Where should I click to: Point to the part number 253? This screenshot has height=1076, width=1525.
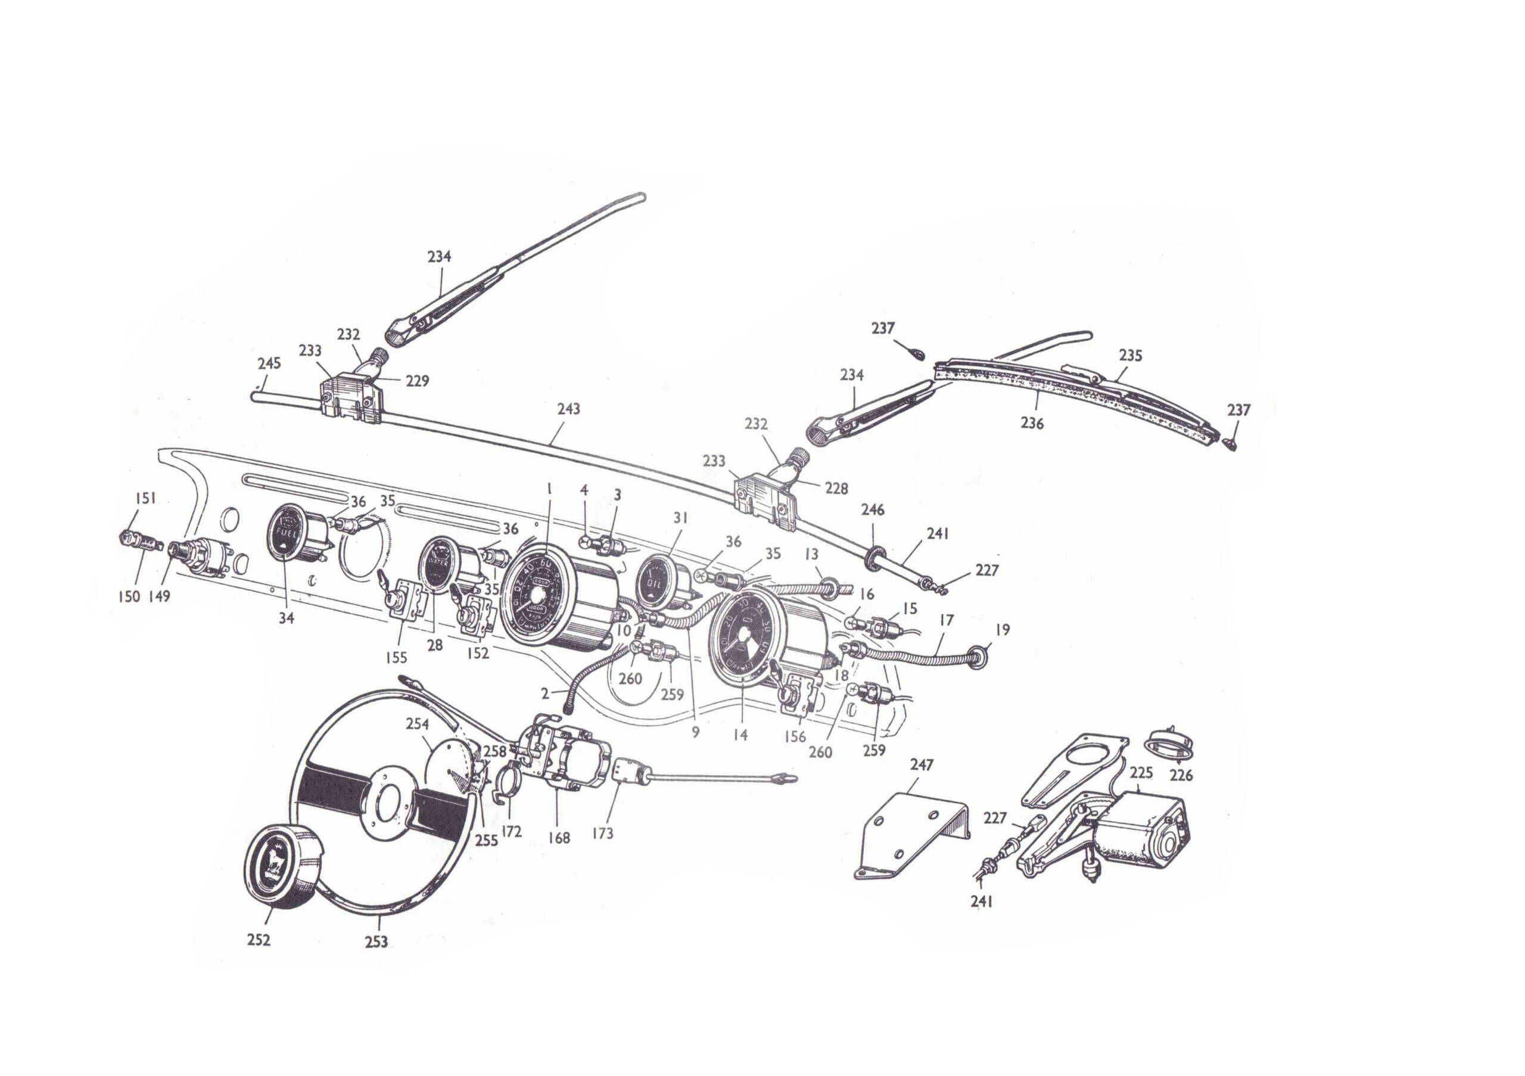[376, 941]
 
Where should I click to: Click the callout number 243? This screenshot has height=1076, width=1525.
[568, 409]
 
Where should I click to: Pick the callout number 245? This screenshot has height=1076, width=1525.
[269, 363]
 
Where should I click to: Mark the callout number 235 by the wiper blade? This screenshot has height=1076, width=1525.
[1131, 355]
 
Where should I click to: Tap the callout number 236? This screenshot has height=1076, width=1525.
[1032, 422]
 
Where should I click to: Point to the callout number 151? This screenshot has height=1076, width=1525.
[145, 498]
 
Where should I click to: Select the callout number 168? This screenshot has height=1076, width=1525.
[559, 838]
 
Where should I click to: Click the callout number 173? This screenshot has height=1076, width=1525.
[602, 833]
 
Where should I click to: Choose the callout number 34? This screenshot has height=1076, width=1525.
[287, 618]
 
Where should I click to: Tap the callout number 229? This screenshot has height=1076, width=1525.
[417, 381]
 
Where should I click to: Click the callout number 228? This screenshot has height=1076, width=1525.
[836, 488]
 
